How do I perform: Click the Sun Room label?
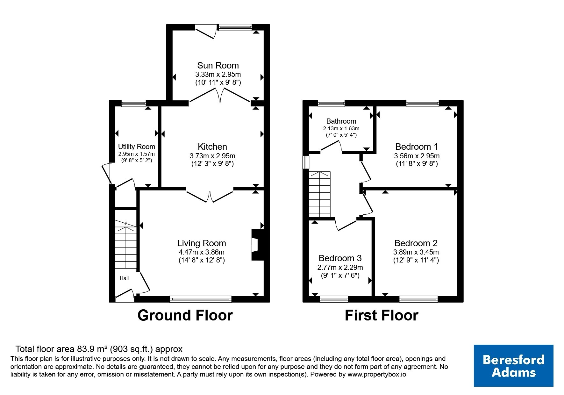coord(218,66)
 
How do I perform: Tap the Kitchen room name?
coord(212,147)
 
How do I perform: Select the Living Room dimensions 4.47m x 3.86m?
coord(202,252)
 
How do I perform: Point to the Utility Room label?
coord(137,147)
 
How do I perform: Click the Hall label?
coord(124,278)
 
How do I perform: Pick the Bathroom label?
coord(341,121)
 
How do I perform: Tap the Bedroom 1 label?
coord(417,147)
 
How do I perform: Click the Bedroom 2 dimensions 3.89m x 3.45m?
coord(416,252)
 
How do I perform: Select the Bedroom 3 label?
coord(340,258)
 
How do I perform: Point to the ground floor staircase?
coord(126,246)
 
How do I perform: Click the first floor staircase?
coord(320,194)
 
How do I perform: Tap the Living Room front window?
coord(201,299)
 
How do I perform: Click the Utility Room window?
coord(134,103)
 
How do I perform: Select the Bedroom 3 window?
coord(334,299)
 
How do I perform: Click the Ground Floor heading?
coord(185,315)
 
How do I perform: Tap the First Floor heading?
coord(382,315)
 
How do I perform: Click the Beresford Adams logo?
coord(513,366)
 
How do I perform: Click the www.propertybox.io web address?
coord(377,375)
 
